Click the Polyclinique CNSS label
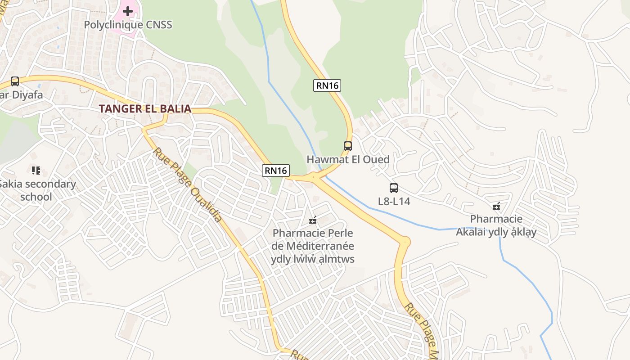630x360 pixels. click(128, 25)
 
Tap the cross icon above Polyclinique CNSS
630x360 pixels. click(128, 11)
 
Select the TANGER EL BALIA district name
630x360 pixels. click(145, 109)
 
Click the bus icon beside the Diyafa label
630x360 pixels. click(15, 81)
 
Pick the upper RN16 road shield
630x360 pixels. click(327, 85)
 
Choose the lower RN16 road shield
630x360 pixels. click(276, 171)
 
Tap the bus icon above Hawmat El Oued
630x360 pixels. click(348, 146)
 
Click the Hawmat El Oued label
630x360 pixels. click(348, 159)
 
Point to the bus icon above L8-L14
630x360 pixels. click(394, 188)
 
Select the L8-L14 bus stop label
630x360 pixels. click(394, 201)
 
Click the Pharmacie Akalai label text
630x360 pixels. click(496, 225)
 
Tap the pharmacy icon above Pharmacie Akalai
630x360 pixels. click(496, 207)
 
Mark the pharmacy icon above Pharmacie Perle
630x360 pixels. click(313, 220)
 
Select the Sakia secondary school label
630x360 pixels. click(37, 190)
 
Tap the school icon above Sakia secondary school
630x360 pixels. click(36, 170)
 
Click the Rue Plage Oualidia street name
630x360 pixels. click(188, 184)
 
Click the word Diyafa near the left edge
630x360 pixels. click(27, 95)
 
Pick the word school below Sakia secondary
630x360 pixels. click(36, 197)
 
